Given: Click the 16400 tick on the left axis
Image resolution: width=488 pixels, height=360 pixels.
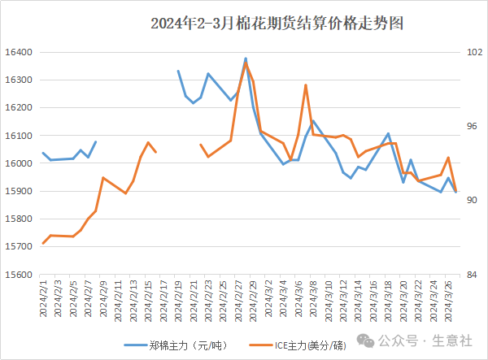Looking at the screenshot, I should coord(18,52).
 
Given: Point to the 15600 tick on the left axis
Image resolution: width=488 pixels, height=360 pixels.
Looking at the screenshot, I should coord(18,275).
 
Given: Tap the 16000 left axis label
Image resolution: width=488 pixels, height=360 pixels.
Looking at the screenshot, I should coord(18,163).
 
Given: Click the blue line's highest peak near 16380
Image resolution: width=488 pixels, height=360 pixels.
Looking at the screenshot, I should coord(246,59).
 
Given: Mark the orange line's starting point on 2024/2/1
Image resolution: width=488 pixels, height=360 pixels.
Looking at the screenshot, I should coord(43,243).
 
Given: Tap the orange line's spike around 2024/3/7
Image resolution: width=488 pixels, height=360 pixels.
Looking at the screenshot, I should coord(306,85).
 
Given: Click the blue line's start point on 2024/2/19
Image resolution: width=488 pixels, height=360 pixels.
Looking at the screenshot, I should coord(178,71).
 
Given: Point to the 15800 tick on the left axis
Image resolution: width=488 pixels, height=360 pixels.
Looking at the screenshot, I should coord(18,219).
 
